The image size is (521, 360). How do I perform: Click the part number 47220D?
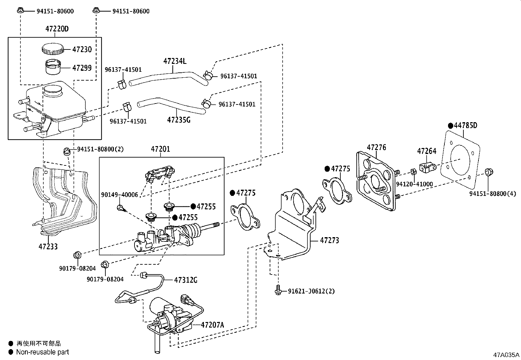tap(57, 29)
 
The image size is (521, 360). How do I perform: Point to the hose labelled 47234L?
tap(167, 78)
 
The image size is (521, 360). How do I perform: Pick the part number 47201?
tap(160, 149)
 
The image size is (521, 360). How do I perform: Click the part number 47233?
tap(48, 246)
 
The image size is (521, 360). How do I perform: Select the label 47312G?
tap(186, 280)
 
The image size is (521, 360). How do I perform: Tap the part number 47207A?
tap(212, 325)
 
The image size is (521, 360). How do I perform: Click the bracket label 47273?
tap(329, 240)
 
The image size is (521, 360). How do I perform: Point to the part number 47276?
tap(376, 147)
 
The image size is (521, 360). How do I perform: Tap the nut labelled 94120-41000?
tap(413, 171)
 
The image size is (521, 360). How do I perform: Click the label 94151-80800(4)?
tap(493, 194)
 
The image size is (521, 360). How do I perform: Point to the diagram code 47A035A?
tap(506, 355)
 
